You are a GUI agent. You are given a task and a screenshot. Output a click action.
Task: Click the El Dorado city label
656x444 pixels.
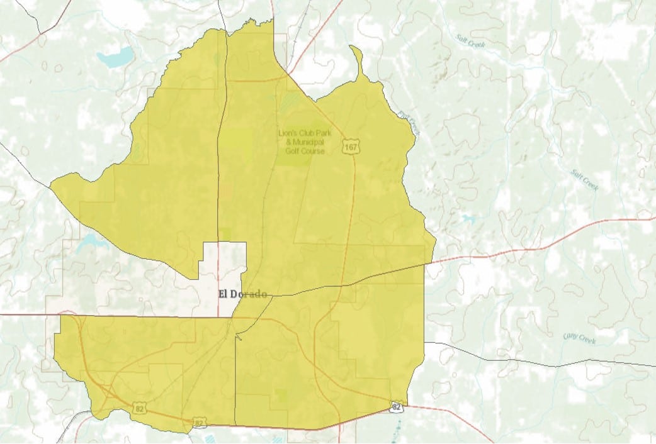tap(242, 294)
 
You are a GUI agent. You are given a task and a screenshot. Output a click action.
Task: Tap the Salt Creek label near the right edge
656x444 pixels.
tap(584, 180)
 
